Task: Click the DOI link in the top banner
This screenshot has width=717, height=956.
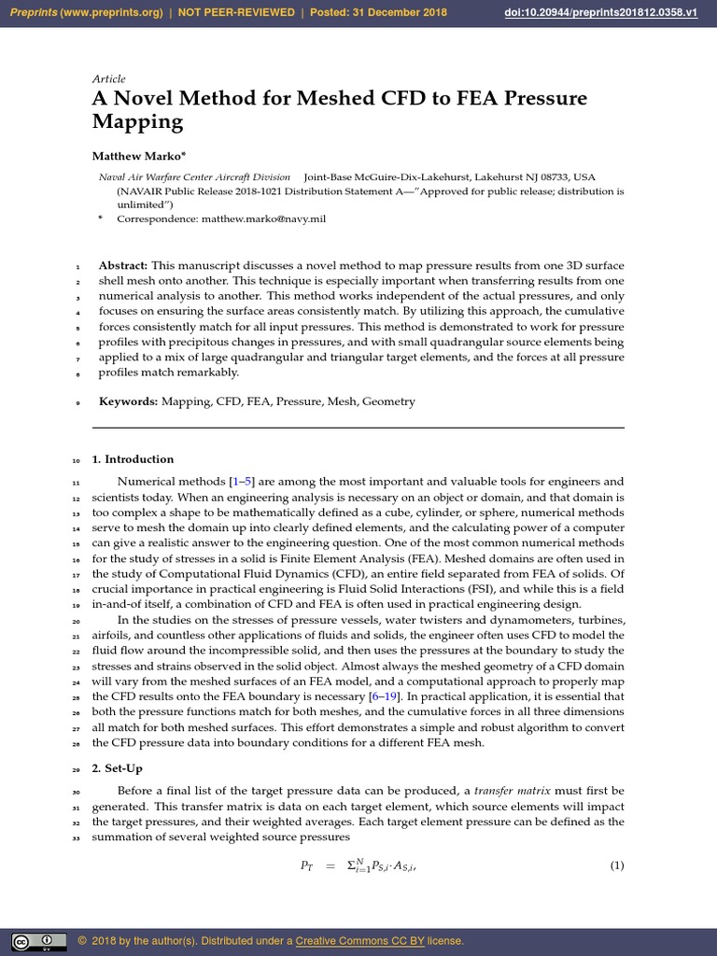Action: [x=621, y=13]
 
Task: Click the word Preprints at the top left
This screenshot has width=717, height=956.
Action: [x=32, y=13]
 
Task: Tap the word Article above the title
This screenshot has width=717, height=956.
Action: [x=108, y=79]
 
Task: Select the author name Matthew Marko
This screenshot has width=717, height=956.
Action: [x=133, y=155]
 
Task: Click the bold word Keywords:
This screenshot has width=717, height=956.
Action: [x=129, y=401]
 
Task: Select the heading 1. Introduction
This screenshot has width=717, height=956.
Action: [x=133, y=459]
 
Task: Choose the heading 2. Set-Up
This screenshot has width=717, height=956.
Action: [x=118, y=767]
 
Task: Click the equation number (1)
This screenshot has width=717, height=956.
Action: [x=616, y=865]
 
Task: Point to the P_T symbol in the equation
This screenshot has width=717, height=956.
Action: [x=307, y=866]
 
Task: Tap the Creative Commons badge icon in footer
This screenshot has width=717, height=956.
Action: [x=37, y=940]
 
